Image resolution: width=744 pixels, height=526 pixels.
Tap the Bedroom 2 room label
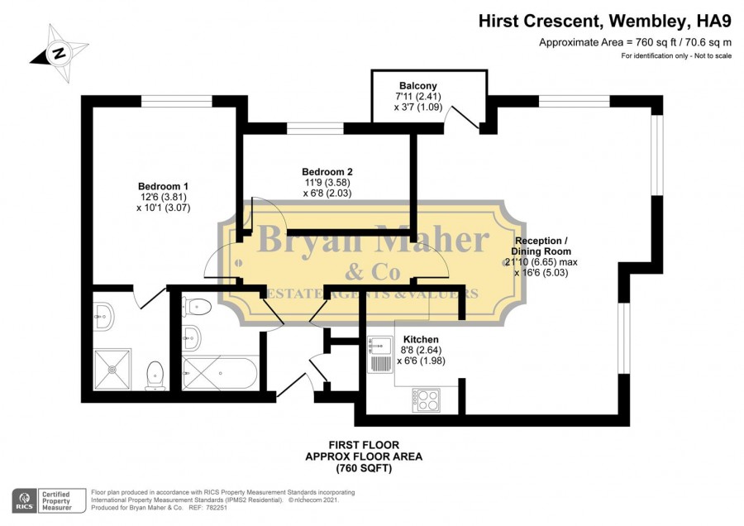click(x=327, y=172)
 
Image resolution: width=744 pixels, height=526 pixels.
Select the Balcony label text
click(x=418, y=86)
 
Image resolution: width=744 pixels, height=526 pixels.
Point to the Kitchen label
click(x=421, y=339)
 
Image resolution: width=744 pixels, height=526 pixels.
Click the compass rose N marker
click(x=60, y=53)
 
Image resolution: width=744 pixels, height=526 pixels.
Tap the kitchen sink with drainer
click(x=379, y=354)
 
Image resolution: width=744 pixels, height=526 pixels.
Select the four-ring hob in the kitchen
click(x=426, y=400)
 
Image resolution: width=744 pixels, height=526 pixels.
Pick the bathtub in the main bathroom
click(x=220, y=373)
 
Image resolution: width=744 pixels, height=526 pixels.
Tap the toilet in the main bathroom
click(x=198, y=307)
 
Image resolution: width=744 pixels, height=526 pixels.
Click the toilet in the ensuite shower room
click(x=155, y=376)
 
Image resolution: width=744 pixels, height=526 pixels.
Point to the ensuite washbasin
click(x=103, y=317)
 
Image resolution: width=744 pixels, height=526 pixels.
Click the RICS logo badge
click(x=25, y=501)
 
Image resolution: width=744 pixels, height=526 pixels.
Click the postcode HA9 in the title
click(x=714, y=21)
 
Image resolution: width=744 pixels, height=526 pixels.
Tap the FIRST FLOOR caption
click(x=365, y=445)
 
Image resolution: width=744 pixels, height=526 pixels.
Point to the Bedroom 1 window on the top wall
click(x=177, y=101)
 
